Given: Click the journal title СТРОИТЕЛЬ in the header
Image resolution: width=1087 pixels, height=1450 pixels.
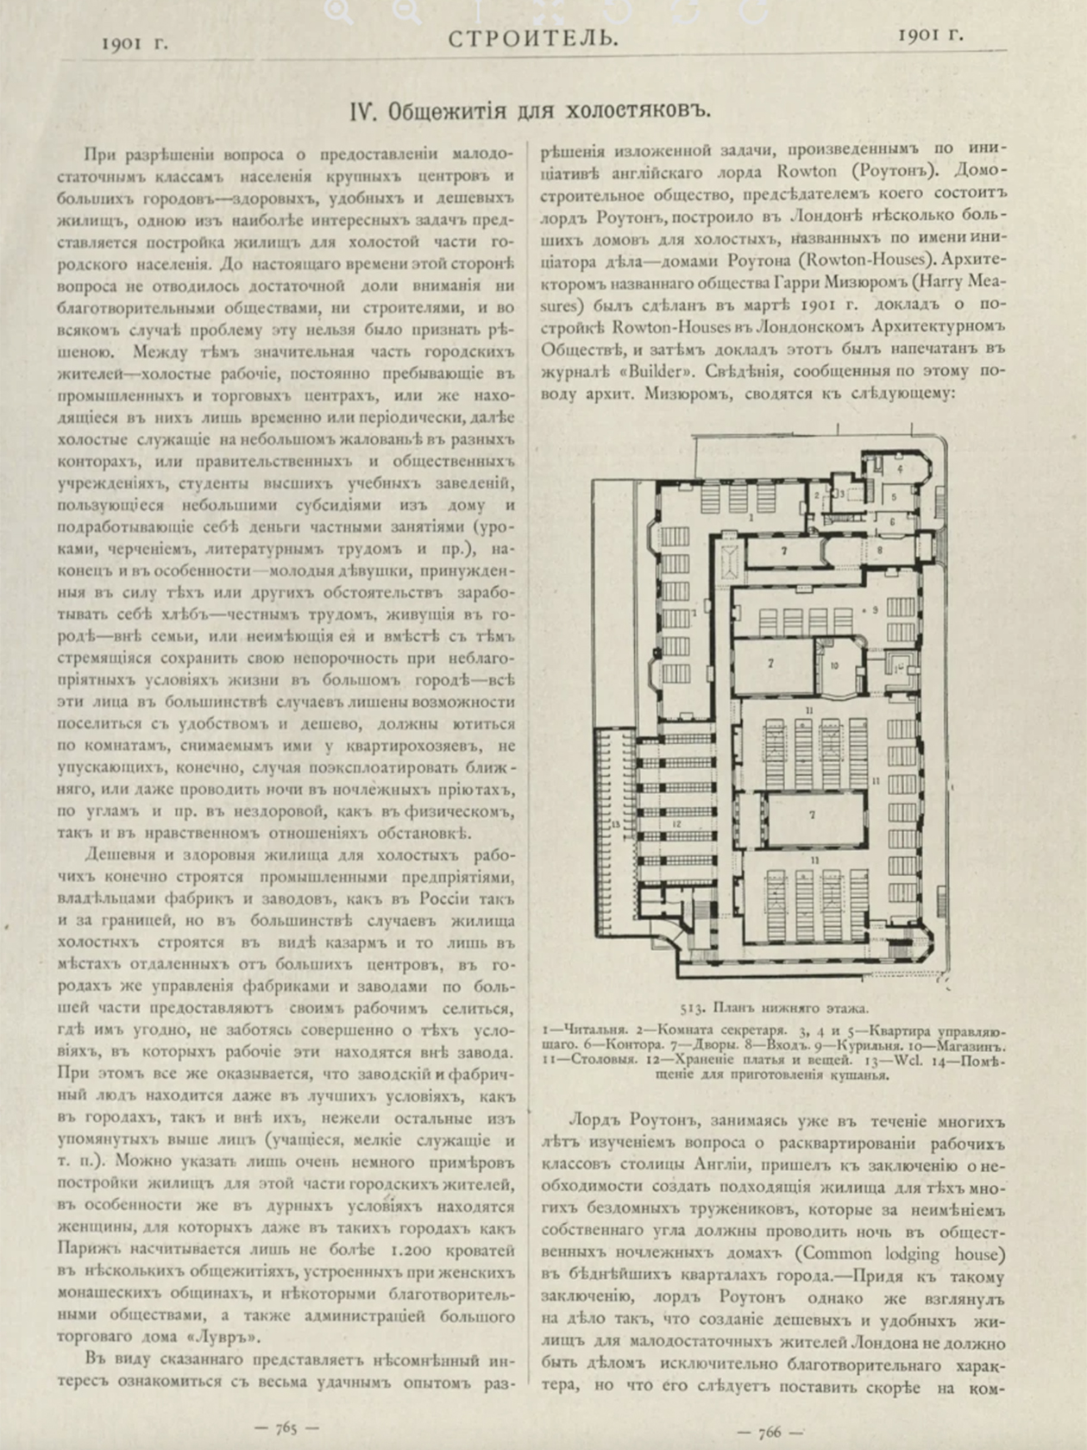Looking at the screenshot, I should (x=533, y=38).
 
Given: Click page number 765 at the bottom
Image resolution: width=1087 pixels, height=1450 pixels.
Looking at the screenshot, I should (x=286, y=1428).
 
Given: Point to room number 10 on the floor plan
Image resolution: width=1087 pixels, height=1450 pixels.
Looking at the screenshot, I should (x=834, y=665).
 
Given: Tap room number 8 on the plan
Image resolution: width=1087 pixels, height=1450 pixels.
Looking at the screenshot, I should (x=879, y=549).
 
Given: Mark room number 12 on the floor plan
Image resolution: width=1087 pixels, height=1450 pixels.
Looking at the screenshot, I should (x=676, y=824).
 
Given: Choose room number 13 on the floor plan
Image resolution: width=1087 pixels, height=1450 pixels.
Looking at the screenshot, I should (x=617, y=824).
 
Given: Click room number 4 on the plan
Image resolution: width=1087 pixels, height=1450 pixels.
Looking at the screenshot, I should (x=900, y=469).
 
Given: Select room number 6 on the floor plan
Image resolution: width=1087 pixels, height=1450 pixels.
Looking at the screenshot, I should (x=892, y=520).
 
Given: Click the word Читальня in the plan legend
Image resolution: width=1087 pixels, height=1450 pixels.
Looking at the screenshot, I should (x=585, y=1031).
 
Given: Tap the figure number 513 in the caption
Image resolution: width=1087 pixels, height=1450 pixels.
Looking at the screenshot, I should (x=691, y=1007).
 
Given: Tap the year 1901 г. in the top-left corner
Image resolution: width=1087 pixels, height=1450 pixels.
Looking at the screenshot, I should (x=134, y=43).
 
